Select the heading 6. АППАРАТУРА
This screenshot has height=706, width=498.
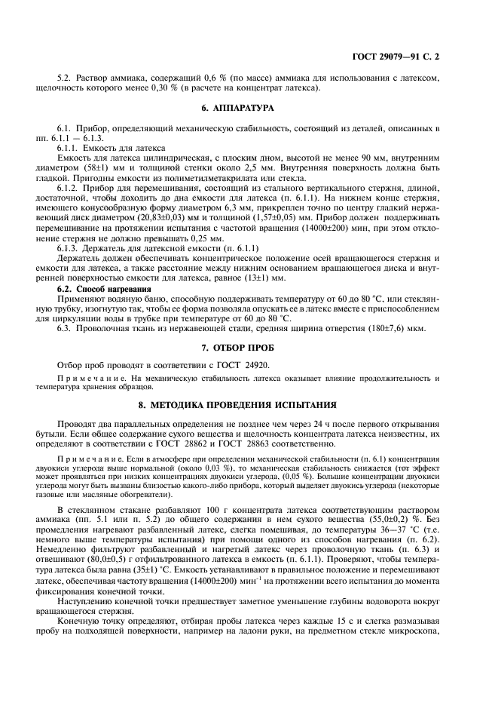[x=249, y=109]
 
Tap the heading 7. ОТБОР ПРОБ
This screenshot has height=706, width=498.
[x=249, y=348]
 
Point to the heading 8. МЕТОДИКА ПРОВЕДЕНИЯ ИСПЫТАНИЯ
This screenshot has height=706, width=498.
[x=249, y=404]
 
